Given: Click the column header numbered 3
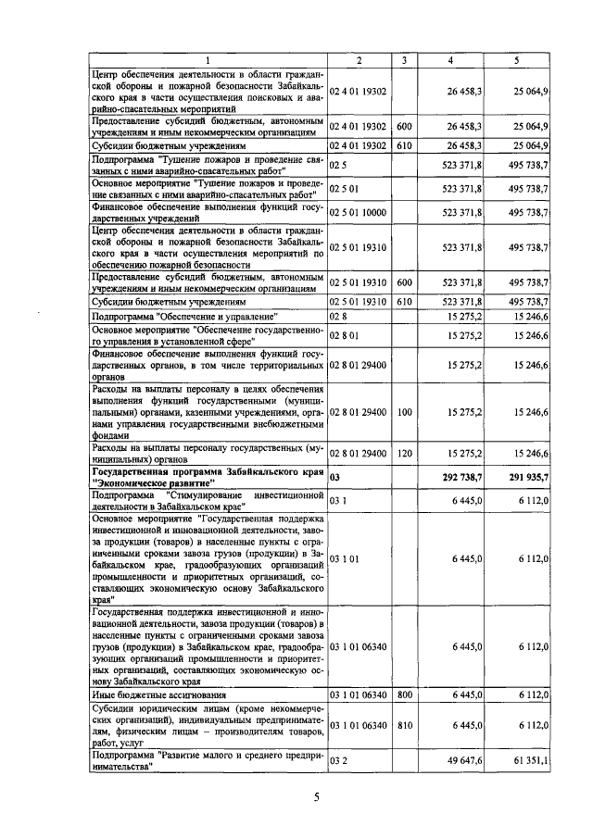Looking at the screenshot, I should (x=404, y=60).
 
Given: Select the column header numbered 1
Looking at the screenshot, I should (x=208, y=60).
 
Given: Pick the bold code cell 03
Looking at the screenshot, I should (x=336, y=478).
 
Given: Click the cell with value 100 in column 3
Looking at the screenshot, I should (x=404, y=411).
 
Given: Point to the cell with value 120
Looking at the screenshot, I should (x=404, y=453).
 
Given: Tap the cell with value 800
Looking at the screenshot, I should (x=404, y=694).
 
